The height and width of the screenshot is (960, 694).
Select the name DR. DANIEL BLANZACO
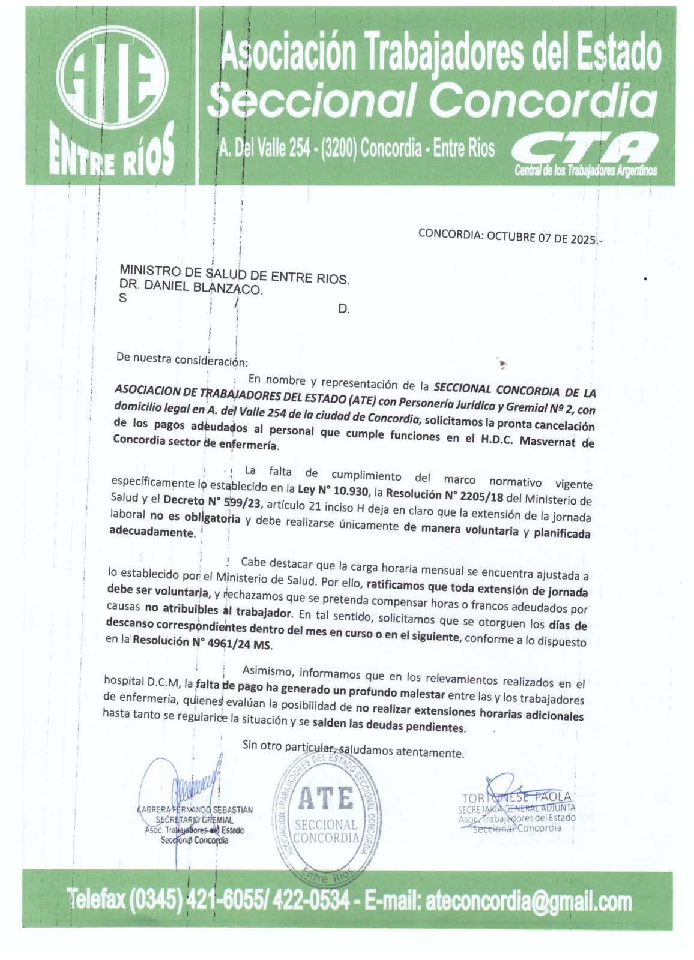pyautogui.click(x=191, y=288)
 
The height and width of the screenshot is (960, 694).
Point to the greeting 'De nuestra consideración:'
pyautogui.click(x=182, y=360)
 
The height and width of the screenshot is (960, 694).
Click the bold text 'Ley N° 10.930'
pyautogui.click(x=332, y=491)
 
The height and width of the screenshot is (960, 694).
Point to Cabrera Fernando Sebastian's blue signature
pyautogui.click(x=192, y=786)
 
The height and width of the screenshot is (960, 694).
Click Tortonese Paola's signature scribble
pyautogui.click(x=510, y=789)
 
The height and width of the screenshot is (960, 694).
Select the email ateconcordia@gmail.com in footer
pyautogui.click(x=528, y=901)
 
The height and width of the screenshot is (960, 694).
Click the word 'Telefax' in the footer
pyautogui.click(x=94, y=898)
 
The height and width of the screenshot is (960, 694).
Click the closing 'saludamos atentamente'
pyautogui.click(x=402, y=751)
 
